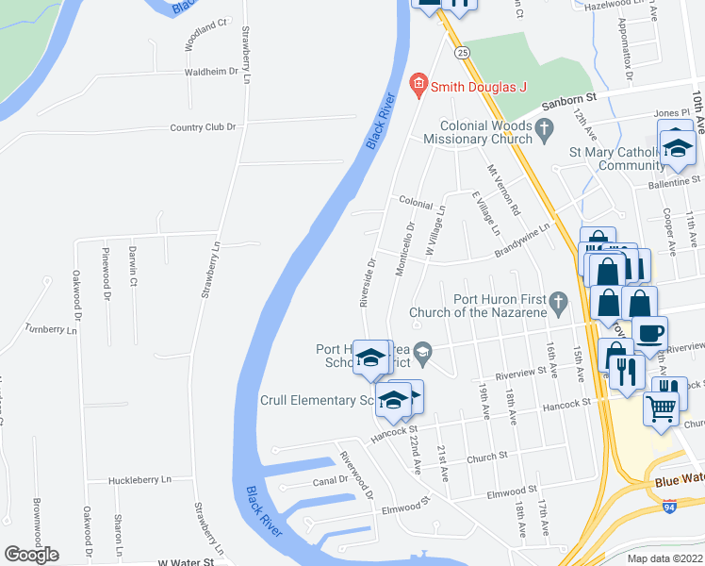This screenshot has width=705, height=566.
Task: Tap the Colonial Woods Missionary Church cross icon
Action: (x=543, y=132)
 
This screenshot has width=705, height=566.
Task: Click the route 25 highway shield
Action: (x=462, y=54)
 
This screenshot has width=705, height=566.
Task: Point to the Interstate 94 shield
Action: (x=668, y=507)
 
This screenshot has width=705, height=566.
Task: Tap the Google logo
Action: (x=31, y=555)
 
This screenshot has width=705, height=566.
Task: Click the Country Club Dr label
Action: (x=203, y=127)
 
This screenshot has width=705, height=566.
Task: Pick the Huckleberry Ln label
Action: (x=140, y=480)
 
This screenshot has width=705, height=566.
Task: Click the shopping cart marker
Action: (x=660, y=408)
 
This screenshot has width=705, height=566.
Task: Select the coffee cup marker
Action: (x=648, y=332)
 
